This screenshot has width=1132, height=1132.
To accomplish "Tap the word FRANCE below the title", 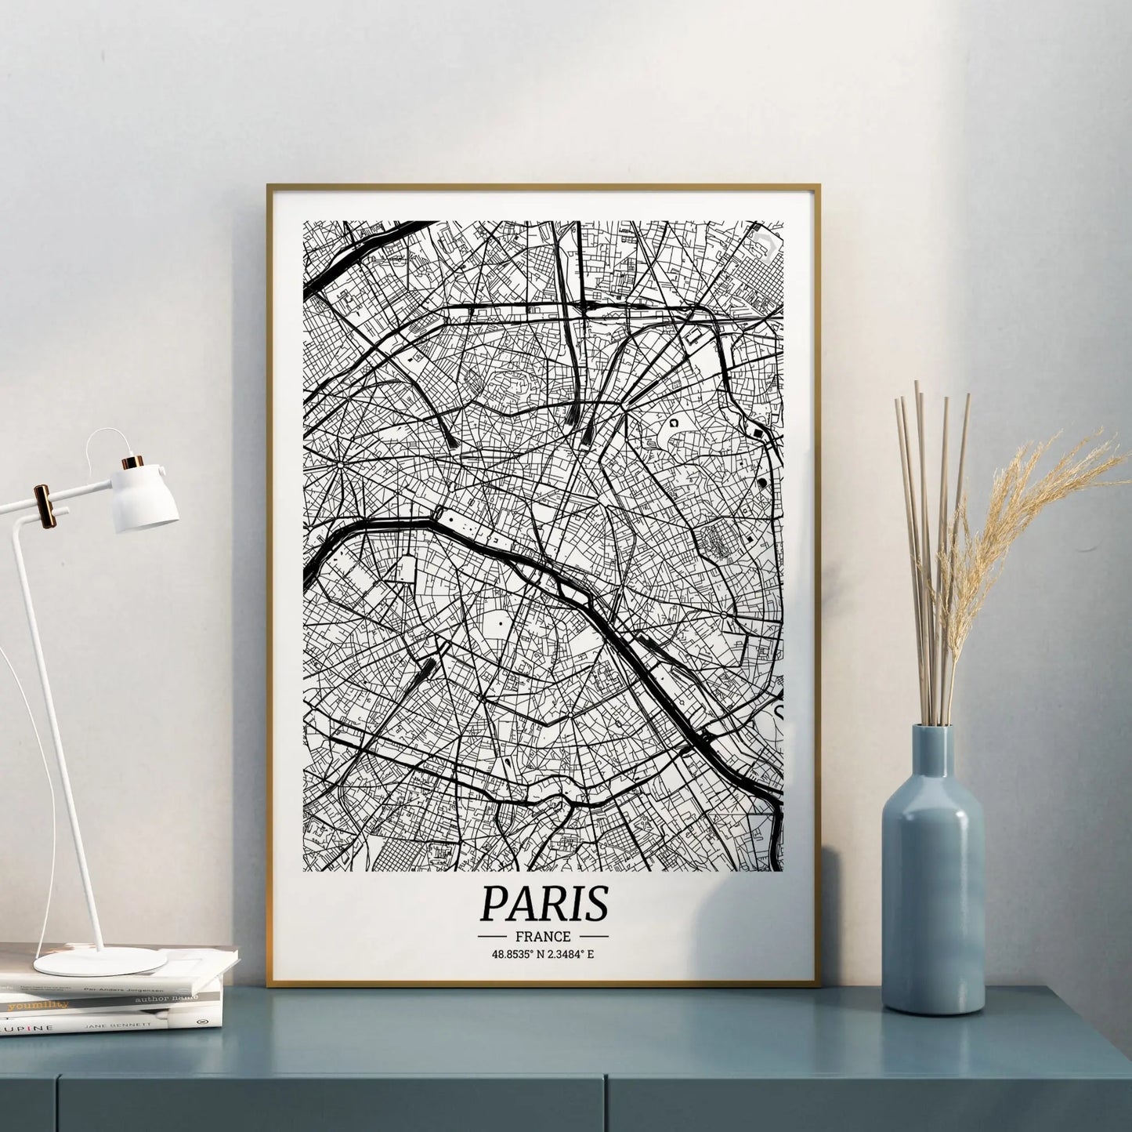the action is (x=543, y=936).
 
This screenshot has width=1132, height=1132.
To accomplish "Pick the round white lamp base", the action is (x=100, y=962).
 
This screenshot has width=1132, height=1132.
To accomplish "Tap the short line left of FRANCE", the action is (x=495, y=937).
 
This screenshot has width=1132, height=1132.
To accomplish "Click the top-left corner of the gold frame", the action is (x=269, y=187).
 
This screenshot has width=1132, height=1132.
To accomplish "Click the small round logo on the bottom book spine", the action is (x=196, y=1021).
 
